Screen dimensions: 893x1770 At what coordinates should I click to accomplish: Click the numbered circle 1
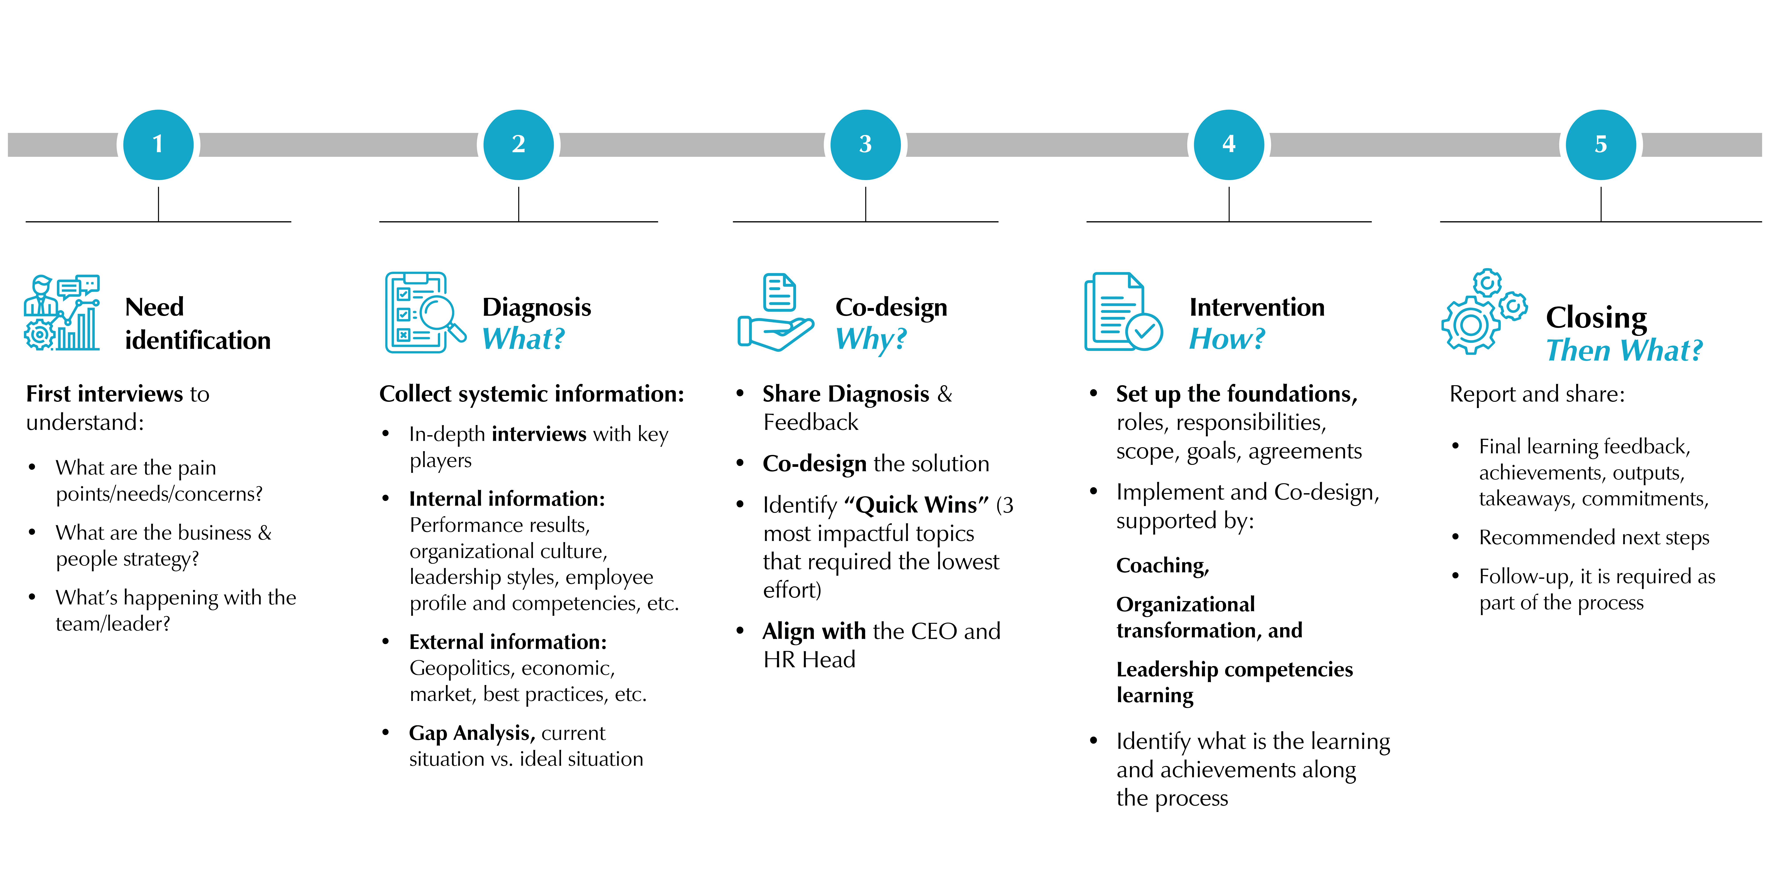(158, 144)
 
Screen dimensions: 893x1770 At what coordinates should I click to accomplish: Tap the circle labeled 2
(519, 144)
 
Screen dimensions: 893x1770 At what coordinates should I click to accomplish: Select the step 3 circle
(865, 144)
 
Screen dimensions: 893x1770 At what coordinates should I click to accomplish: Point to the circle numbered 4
(1229, 144)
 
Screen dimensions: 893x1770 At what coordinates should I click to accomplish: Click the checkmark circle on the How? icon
(1144, 332)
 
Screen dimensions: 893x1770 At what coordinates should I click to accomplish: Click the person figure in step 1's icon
(41, 295)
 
